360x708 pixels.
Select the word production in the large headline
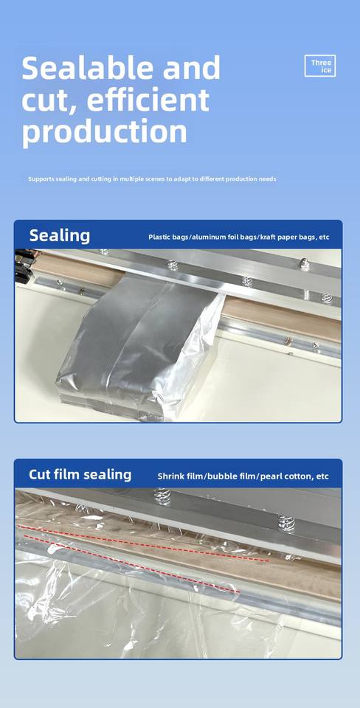(104, 133)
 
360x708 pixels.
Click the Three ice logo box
(320, 66)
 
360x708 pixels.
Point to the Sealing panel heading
(60, 236)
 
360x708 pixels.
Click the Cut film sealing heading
(80, 474)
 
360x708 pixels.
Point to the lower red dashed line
(131, 564)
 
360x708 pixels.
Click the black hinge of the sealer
(23, 266)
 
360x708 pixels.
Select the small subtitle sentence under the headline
(152, 178)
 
